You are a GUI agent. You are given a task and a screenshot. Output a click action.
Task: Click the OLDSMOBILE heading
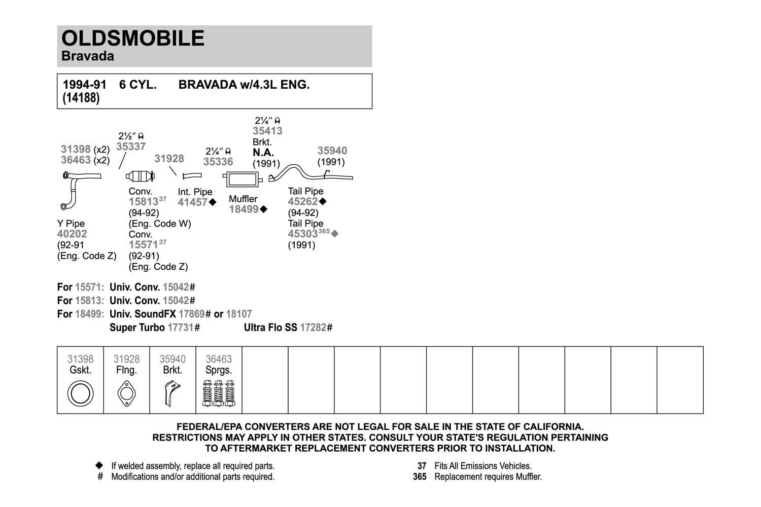[133, 39]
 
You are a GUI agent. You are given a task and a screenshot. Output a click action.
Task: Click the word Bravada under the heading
[87, 56]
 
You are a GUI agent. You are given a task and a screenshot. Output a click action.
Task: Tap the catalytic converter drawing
[140, 176]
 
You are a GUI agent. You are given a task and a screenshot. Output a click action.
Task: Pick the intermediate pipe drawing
[192, 176]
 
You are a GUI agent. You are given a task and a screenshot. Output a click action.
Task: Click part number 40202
[72, 234]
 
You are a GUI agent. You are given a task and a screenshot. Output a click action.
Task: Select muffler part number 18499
[244, 209]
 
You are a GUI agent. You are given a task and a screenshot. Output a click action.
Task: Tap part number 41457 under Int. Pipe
[192, 202]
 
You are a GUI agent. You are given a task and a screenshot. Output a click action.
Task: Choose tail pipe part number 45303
[302, 234]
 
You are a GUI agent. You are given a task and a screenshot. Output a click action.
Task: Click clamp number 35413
[267, 131]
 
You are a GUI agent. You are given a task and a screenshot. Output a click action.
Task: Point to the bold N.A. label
[263, 153]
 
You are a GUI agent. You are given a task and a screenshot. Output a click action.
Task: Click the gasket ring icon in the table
[80, 393]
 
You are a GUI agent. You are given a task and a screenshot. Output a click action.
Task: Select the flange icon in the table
[126, 393]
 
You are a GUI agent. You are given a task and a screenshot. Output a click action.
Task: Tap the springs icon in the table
[219, 393]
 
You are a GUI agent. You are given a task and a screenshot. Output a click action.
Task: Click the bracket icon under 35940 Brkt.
[172, 393]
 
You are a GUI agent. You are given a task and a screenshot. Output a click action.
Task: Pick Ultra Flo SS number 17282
[313, 328]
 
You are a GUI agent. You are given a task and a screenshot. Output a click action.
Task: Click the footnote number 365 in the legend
[420, 477]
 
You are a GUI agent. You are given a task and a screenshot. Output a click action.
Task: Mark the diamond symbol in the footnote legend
[100, 465]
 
